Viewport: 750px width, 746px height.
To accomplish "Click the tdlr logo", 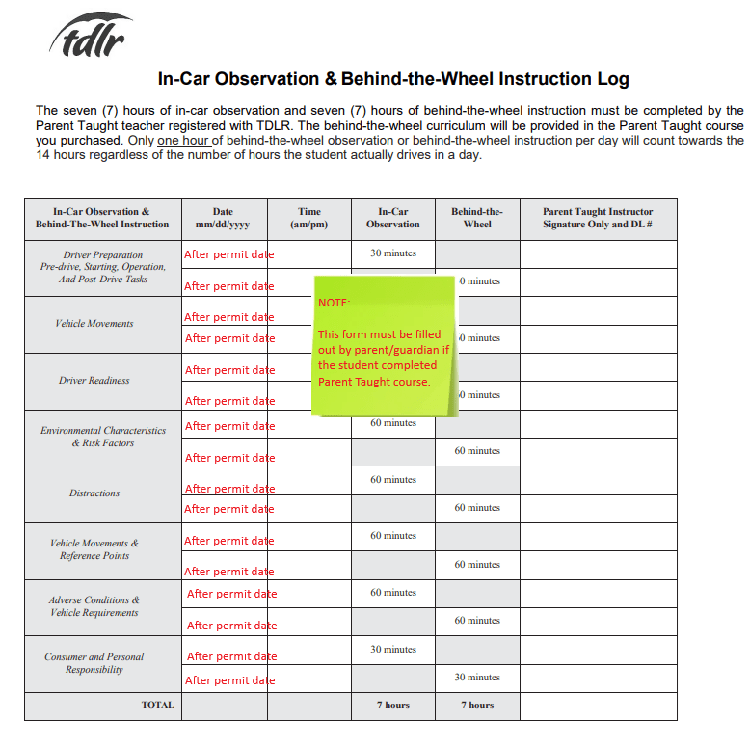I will [91, 36].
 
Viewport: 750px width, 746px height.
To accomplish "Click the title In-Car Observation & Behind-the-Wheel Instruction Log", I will [393, 78].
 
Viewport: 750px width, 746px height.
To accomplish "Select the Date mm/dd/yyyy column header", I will [223, 218].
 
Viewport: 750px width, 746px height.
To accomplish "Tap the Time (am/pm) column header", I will [309, 218].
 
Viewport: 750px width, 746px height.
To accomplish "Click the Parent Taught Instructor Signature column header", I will [598, 218].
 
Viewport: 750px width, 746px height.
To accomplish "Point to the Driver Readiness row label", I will [94, 381].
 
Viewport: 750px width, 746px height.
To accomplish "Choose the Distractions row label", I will [94, 493].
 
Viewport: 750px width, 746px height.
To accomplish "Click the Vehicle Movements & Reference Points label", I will [94, 549].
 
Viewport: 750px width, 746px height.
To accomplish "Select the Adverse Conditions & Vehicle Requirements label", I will [94, 606].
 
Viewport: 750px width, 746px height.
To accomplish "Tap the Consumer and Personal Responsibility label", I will [94, 663].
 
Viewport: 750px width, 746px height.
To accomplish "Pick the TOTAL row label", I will [158, 706].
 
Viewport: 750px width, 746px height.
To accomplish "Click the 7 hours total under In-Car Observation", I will [393, 706].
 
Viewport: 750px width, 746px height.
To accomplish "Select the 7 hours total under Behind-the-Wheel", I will [477, 706].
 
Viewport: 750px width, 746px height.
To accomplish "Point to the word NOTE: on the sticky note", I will [335, 303].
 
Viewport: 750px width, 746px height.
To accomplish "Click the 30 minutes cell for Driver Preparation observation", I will [393, 253].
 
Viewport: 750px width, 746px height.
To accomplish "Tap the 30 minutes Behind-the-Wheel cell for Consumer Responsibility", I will [477, 678].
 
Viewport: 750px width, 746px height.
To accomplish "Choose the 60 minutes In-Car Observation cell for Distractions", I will [393, 480].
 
